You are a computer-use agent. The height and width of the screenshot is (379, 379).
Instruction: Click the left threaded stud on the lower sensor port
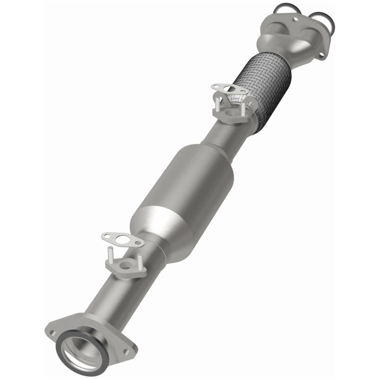[x=110, y=259]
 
